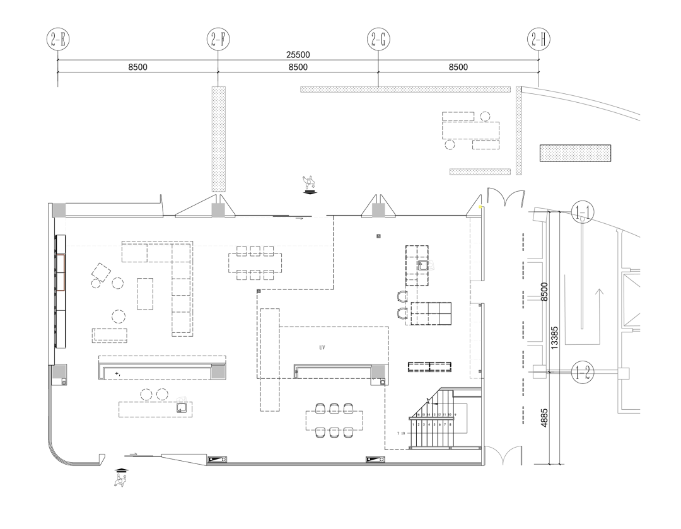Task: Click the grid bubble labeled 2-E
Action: click(x=58, y=39)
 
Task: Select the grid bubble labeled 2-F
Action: click(x=218, y=39)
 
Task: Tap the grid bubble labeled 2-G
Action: click(x=378, y=39)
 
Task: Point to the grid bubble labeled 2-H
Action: click(x=538, y=39)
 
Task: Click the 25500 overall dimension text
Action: click(x=298, y=55)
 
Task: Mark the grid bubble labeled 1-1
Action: click(x=581, y=214)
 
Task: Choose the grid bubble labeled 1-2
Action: click(x=581, y=372)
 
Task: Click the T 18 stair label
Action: click(x=401, y=434)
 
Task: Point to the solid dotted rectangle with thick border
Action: click(x=576, y=153)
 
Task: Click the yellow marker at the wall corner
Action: click(x=480, y=206)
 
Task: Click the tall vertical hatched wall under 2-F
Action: click(x=218, y=139)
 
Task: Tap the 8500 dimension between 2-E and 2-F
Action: click(x=138, y=67)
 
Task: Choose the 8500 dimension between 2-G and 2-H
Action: click(x=458, y=67)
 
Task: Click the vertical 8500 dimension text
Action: click(x=544, y=292)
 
